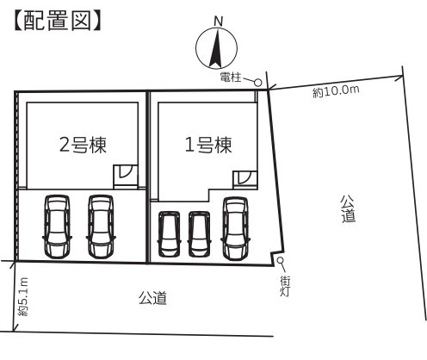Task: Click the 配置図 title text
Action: pos(58,21)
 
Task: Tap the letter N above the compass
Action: pos(218,21)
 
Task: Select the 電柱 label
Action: pos(231,77)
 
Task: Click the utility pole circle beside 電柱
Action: pos(258,83)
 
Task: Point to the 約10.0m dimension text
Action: pos(336,91)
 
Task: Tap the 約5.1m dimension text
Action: pos(22,297)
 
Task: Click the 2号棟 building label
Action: pos(83,145)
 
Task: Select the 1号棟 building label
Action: pos(208,145)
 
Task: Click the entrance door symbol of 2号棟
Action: pos(126,175)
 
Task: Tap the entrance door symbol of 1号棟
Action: pos(244,179)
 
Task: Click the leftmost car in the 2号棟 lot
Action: pos(57,227)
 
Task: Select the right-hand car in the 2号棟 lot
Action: pos(101,227)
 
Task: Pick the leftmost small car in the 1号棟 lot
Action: pos(170,234)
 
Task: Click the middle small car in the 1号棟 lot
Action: pos(199,234)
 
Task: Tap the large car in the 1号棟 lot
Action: pos(236,228)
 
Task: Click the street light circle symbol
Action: pos(280,260)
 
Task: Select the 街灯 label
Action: pos(285,286)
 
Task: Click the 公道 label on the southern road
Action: pos(152,298)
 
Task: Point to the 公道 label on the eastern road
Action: pos(348,208)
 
